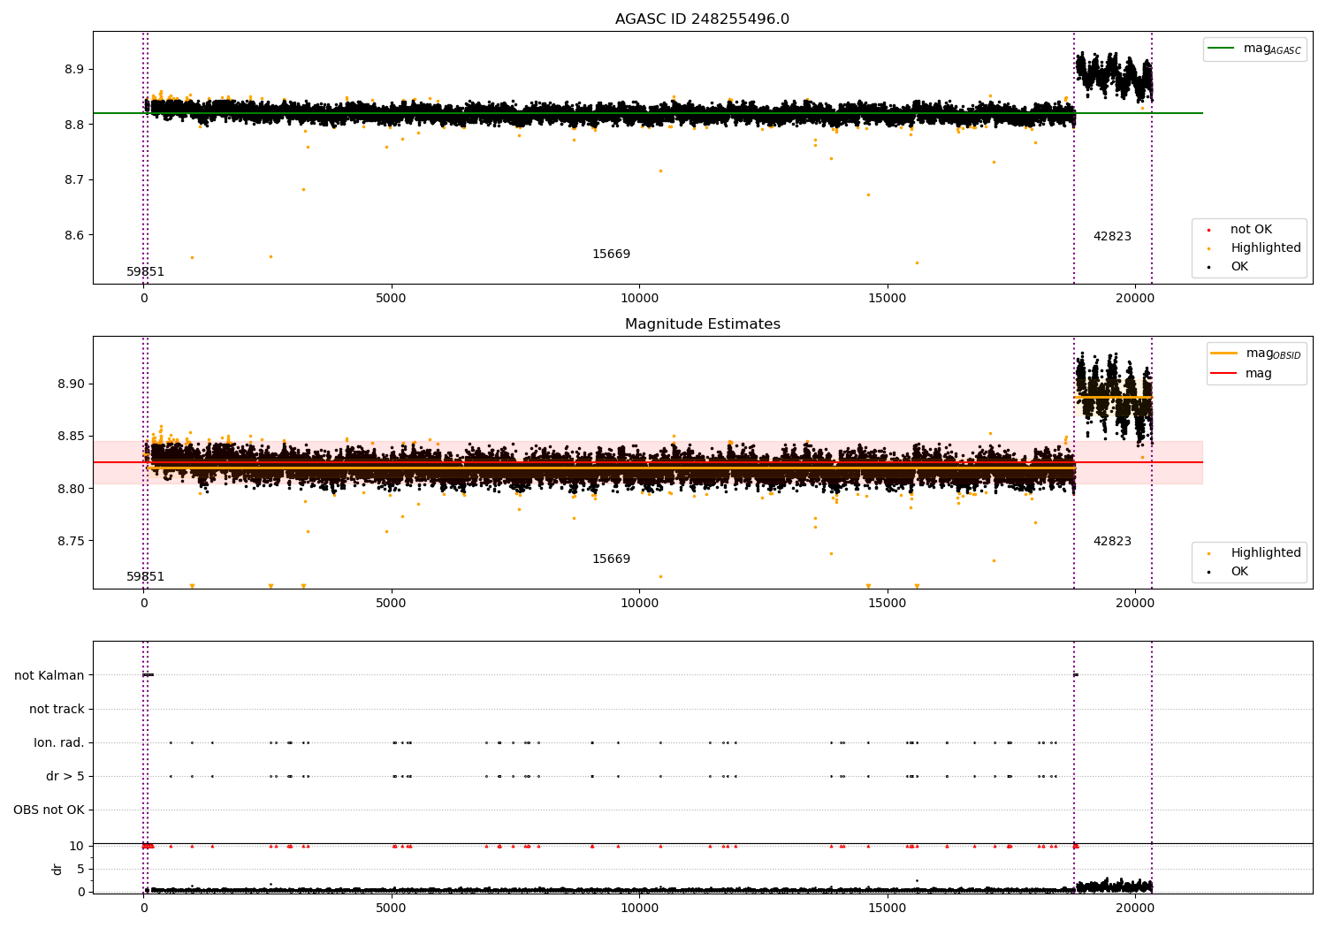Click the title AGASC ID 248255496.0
[x=702, y=19]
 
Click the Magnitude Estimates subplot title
[x=702, y=324]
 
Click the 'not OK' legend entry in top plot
[x=1251, y=230]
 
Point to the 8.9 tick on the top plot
[x=73, y=70]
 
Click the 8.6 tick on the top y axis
[x=73, y=235]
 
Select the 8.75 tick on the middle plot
[x=70, y=541]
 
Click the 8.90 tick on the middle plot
[x=70, y=384]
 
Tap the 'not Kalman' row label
[x=50, y=675]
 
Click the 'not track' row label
[x=57, y=709]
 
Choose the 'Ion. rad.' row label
[x=59, y=742]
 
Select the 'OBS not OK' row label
[x=49, y=810]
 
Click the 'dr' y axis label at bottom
[x=57, y=869]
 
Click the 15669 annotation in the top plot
[x=611, y=255]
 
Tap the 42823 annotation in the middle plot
[x=1112, y=542]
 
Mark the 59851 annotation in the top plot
[x=145, y=272]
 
